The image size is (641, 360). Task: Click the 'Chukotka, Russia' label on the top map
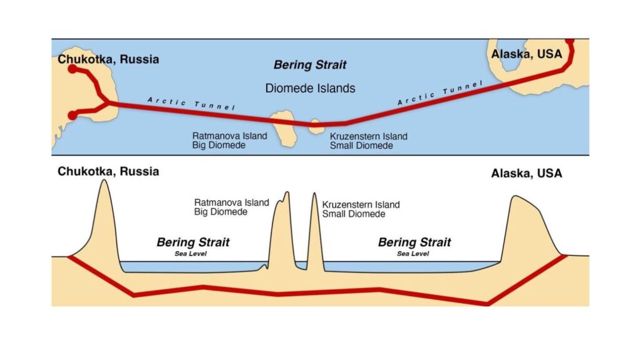(108, 59)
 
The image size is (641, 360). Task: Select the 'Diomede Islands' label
(310, 88)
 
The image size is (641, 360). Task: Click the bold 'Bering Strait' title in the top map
(310, 64)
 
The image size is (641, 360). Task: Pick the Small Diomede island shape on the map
(315, 126)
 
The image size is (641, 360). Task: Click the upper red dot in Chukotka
(72, 69)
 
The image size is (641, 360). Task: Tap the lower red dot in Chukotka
(72, 115)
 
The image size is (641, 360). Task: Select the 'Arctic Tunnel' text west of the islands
(190, 103)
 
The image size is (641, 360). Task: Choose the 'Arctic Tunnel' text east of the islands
(441, 93)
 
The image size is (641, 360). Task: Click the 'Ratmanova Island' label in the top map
(230, 136)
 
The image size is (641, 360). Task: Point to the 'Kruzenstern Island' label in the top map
(369, 136)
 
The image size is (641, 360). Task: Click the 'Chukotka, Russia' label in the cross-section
(108, 171)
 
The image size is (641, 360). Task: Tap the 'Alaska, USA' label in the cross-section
(526, 173)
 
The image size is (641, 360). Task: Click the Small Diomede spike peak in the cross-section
(314, 194)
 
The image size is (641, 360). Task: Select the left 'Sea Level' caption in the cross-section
(193, 254)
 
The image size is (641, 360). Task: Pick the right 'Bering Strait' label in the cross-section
(414, 242)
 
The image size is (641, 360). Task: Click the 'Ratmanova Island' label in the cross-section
(232, 202)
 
